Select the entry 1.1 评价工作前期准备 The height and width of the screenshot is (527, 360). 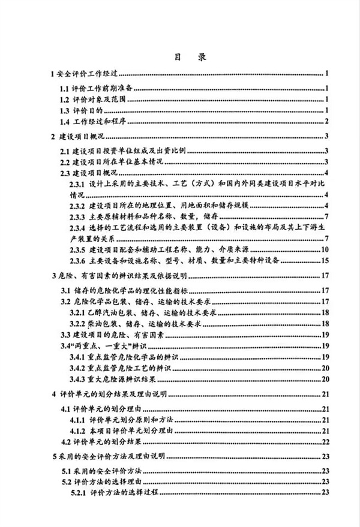click(100, 89)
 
